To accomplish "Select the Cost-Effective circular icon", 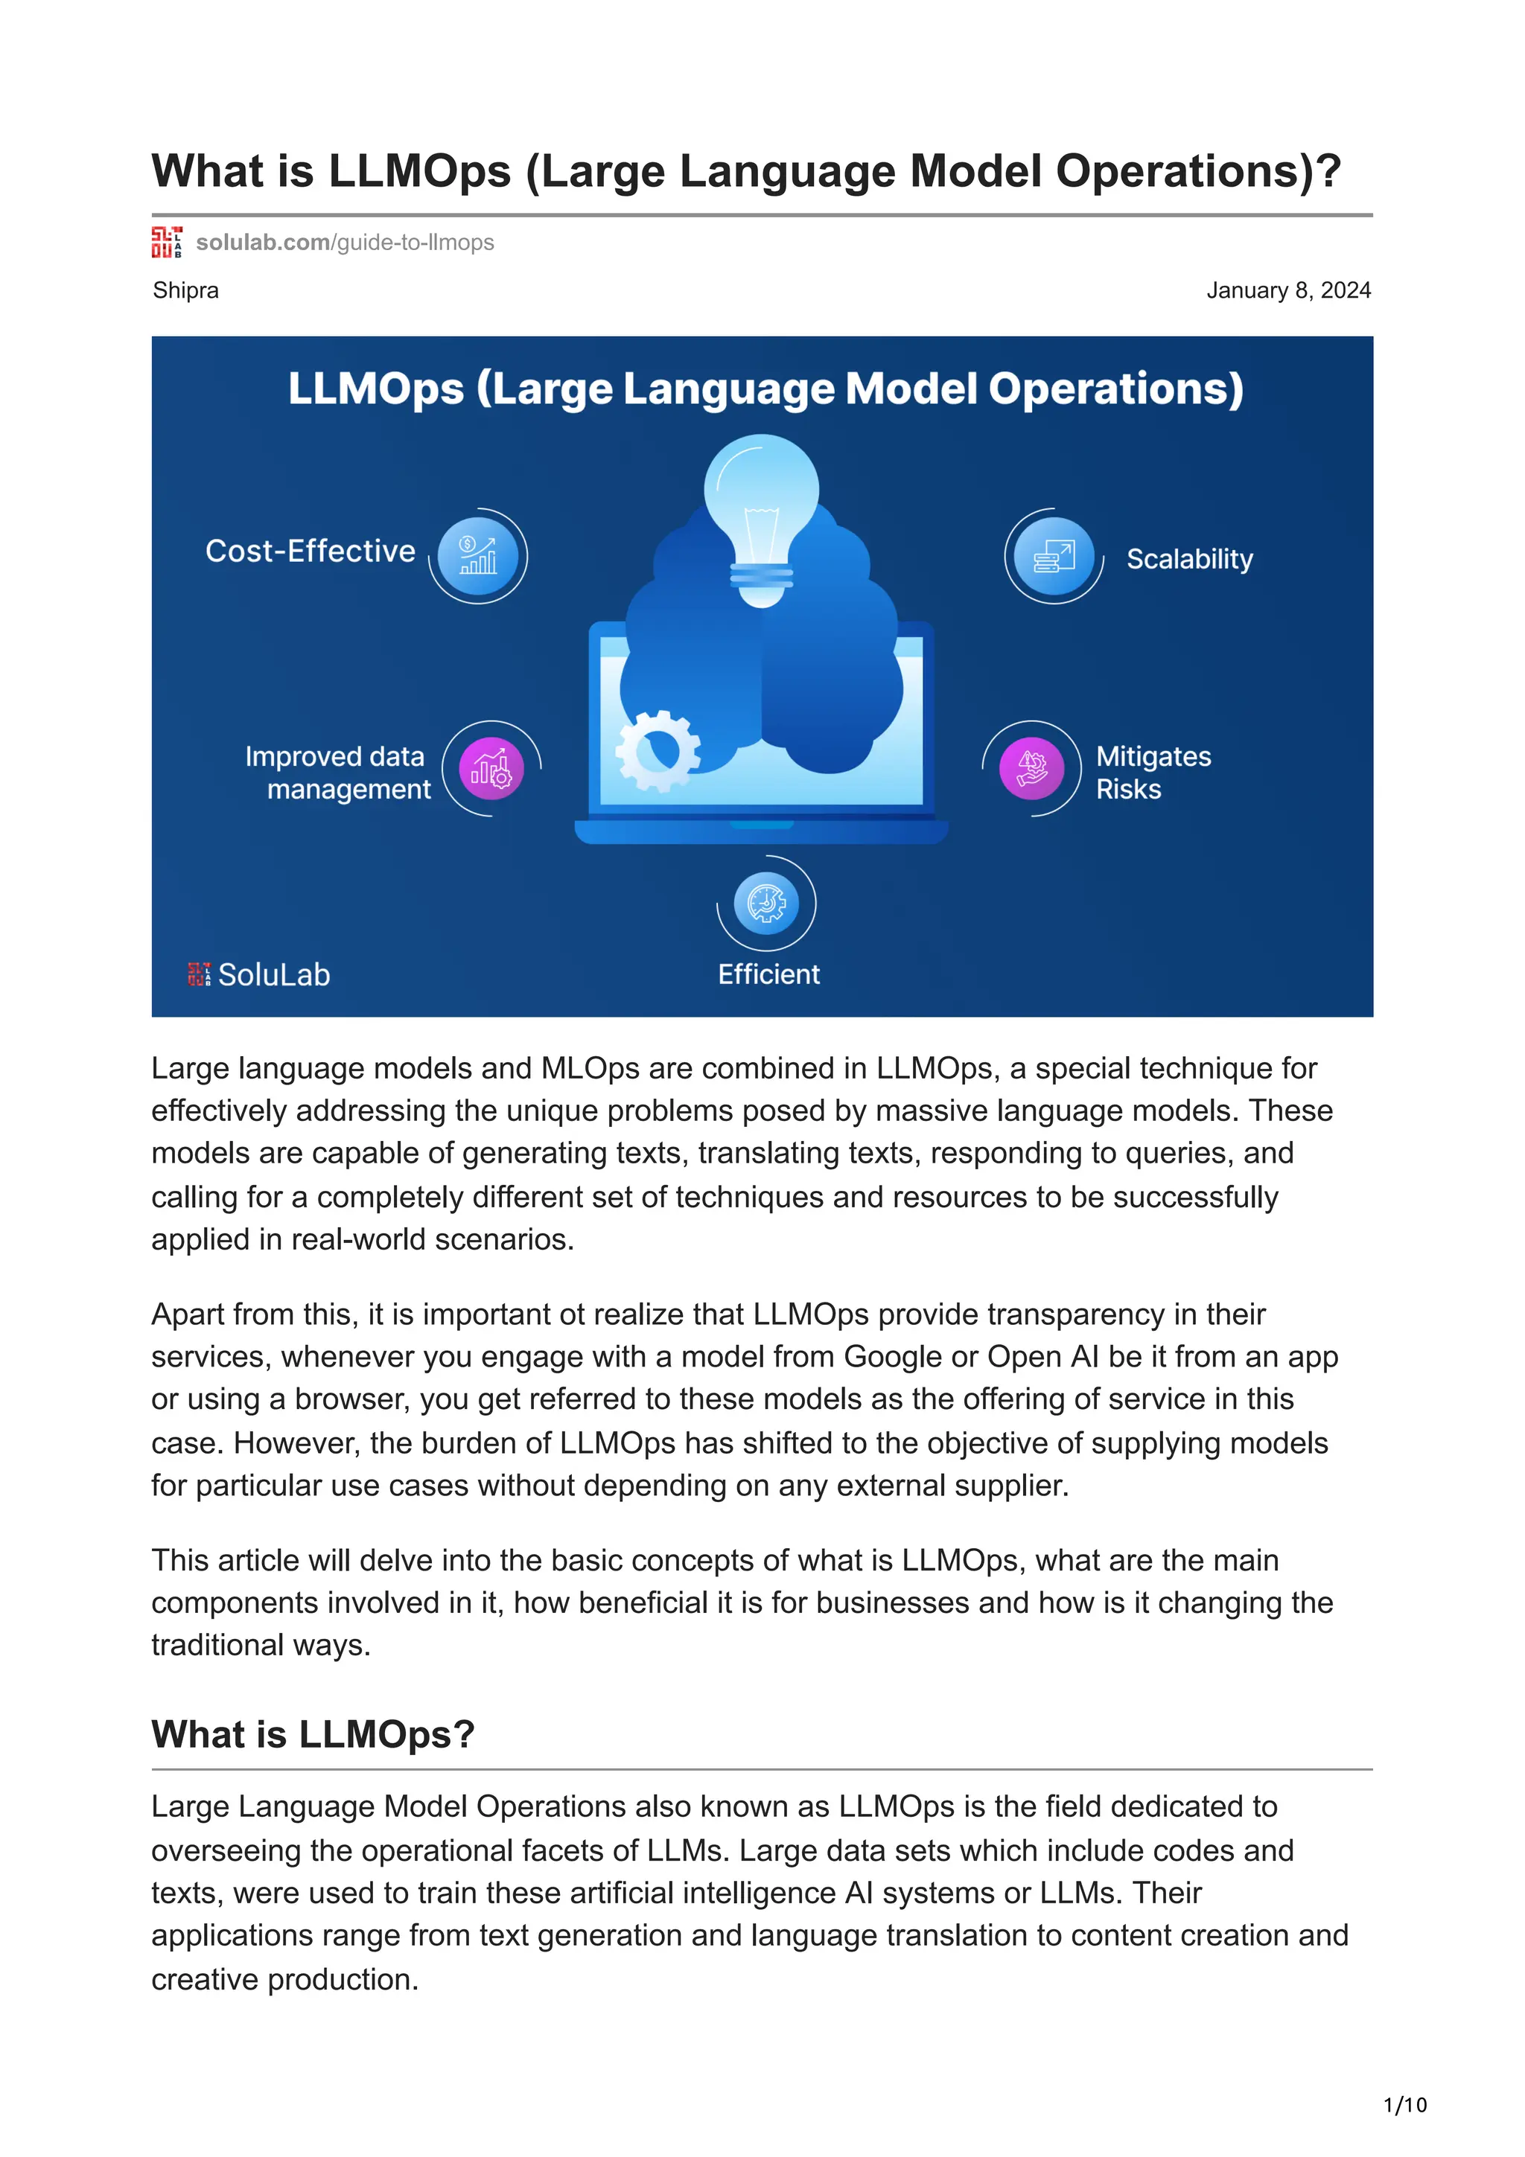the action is tap(478, 556).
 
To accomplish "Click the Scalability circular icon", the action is tap(1054, 556).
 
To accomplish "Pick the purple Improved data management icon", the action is tap(491, 768).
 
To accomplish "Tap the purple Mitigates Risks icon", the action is tap(1032, 768).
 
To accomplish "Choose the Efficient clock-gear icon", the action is tap(765, 903).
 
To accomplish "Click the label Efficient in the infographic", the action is tap(768, 974).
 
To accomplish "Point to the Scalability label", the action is tap(1190, 559).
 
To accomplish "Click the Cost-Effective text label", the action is tap(310, 552).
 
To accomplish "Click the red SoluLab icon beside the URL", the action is tap(166, 243).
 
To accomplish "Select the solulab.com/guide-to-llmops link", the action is tap(345, 243).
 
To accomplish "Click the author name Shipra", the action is tap(186, 290).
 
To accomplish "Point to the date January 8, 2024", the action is tap(1288, 290).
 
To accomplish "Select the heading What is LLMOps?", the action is tap(313, 1734).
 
